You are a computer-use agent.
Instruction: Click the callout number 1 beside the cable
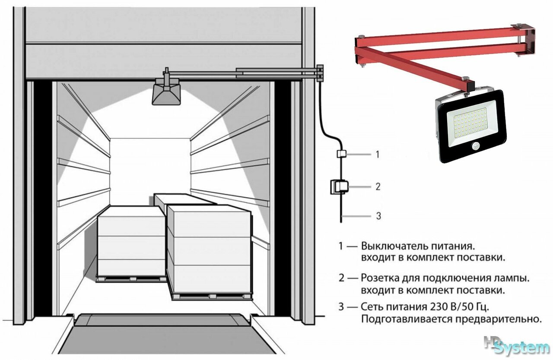pyautogui.click(x=377, y=154)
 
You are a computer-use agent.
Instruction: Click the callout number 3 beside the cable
pyautogui.click(x=378, y=216)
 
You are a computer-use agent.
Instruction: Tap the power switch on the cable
pyautogui.click(x=340, y=154)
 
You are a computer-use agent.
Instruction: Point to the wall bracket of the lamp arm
pyautogui.click(x=320, y=73)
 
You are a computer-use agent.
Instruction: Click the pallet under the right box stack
pyautogui.click(x=211, y=296)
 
